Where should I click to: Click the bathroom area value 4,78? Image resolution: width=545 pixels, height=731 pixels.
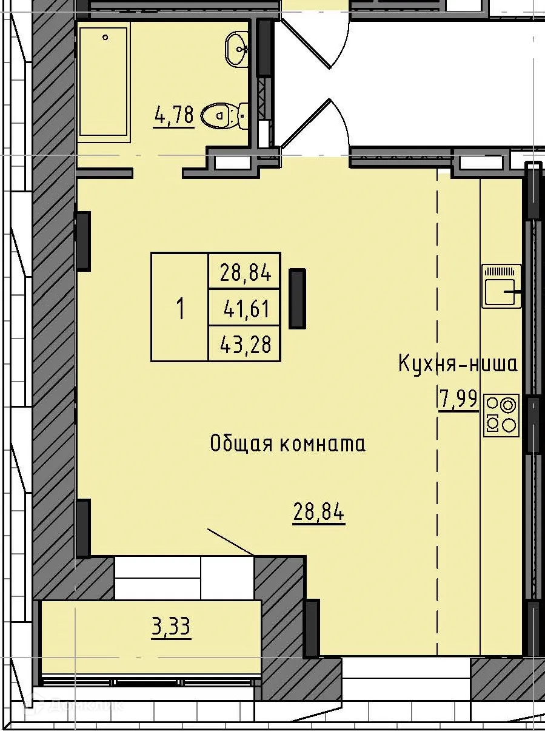[x=174, y=115]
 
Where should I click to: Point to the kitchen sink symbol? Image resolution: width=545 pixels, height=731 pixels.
[x=501, y=286]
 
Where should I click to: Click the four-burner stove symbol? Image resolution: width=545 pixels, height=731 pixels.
[x=501, y=415]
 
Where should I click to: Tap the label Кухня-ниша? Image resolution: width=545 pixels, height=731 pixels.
[x=458, y=364]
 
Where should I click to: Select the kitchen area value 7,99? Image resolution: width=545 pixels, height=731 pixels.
[x=458, y=400]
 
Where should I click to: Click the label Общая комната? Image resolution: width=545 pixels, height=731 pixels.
[x=287, y=444]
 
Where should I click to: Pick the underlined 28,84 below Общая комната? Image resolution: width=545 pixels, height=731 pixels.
[x=319, y=513]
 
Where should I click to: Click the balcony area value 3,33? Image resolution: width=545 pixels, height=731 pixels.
[x=171, y=627]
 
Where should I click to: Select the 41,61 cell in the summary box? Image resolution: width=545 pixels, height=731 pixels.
[x=245, y=309]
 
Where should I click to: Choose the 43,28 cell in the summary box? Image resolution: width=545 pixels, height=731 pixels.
[x=245, y=345]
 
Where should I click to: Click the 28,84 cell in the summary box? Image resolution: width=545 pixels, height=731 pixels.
[x=245, y=272]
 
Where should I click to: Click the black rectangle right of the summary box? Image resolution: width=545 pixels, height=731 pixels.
[x=297, y=298]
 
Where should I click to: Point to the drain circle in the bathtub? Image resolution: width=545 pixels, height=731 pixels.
[x=105, y=38]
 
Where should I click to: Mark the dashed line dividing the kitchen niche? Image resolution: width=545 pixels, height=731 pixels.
[x=437, y=413]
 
